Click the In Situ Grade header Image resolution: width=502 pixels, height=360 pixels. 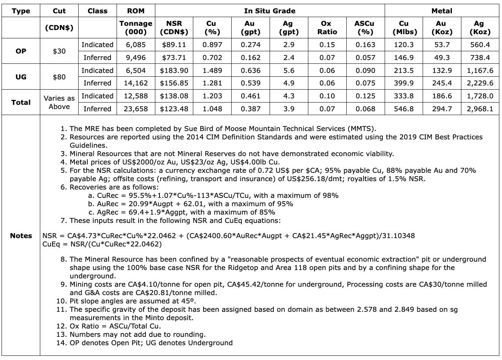click(x=270, y=11)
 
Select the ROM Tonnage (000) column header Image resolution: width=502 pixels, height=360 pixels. click(x=136, y=27)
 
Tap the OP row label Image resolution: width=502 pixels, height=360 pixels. click(x=21, y=51)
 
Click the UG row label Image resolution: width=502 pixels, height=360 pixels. click(x=21, y=77)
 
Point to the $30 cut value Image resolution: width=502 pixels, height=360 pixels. click(x=59, y=51)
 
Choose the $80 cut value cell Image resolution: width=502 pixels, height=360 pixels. click(x=59, y=77)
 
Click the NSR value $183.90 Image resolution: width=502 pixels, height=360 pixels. click(x=174, y=70)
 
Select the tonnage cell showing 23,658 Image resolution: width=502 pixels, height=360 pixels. click(x=136, y=109)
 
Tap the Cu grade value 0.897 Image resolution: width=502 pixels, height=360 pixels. click(x=212, y=45)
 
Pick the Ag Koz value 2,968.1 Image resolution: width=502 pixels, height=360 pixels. click(x=480, y=109)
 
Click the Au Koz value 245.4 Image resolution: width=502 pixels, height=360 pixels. click(x=442, y=83)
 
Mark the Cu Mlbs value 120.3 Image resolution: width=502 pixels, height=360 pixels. click(x=404, y=45)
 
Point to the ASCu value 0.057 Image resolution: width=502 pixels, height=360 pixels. click(x=365, y=58)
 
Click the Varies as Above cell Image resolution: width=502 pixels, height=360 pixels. click(x=59, y=102)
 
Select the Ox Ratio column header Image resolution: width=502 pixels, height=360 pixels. click(x=327, y=27)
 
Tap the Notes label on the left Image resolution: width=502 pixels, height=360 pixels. click(x=21, y=235)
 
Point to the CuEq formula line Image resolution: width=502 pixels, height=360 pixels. click(x=102, y=244)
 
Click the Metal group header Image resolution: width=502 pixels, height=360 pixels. click(x=442, y=11)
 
